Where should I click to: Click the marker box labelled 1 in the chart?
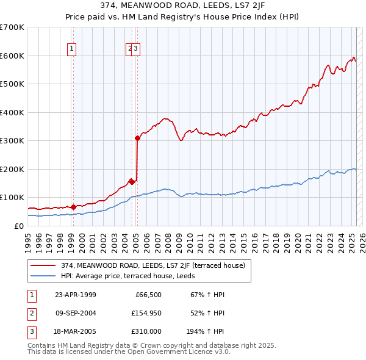[x=72, y=49]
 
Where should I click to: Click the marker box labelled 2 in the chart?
[x=130, y=49]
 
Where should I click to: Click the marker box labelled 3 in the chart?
[x=136, y=49]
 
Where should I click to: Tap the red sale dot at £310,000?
[x=137, y=138]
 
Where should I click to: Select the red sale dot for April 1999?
[x=73, y=207]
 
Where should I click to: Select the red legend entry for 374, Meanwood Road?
[x=152, y=265]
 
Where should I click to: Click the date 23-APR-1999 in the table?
[x=75, y=295]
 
